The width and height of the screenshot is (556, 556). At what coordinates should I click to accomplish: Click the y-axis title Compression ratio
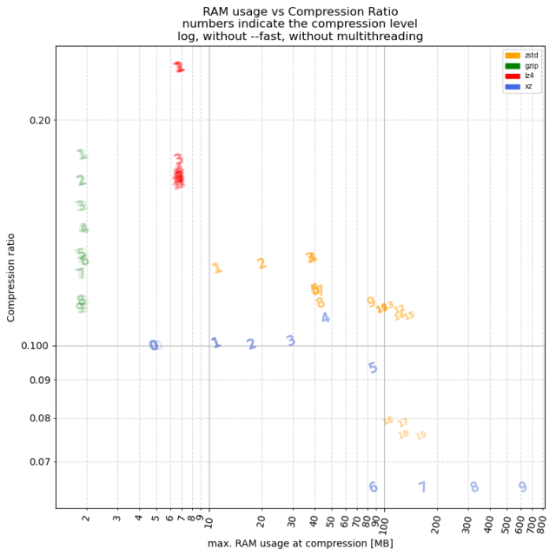[12, 277]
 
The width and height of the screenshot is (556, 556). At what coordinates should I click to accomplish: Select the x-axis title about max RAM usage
[301, 544]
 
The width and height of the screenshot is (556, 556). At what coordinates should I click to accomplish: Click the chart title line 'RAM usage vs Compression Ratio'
[300, 11]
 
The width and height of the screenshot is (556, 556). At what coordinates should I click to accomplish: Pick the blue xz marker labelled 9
[522, 487]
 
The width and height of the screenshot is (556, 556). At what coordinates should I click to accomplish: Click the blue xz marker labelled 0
[154, 345]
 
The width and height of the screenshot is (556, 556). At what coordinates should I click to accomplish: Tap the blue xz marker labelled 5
[373, 368]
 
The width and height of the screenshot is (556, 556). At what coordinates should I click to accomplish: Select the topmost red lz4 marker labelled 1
[179, 67]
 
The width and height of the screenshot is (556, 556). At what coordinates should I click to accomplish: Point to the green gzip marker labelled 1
[82, 155]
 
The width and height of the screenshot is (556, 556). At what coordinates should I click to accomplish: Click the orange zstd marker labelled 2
[261, 263]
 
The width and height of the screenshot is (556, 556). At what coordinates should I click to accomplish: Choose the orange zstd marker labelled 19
[421, 435]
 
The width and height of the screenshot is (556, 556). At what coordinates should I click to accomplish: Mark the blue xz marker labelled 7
[422, 487]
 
